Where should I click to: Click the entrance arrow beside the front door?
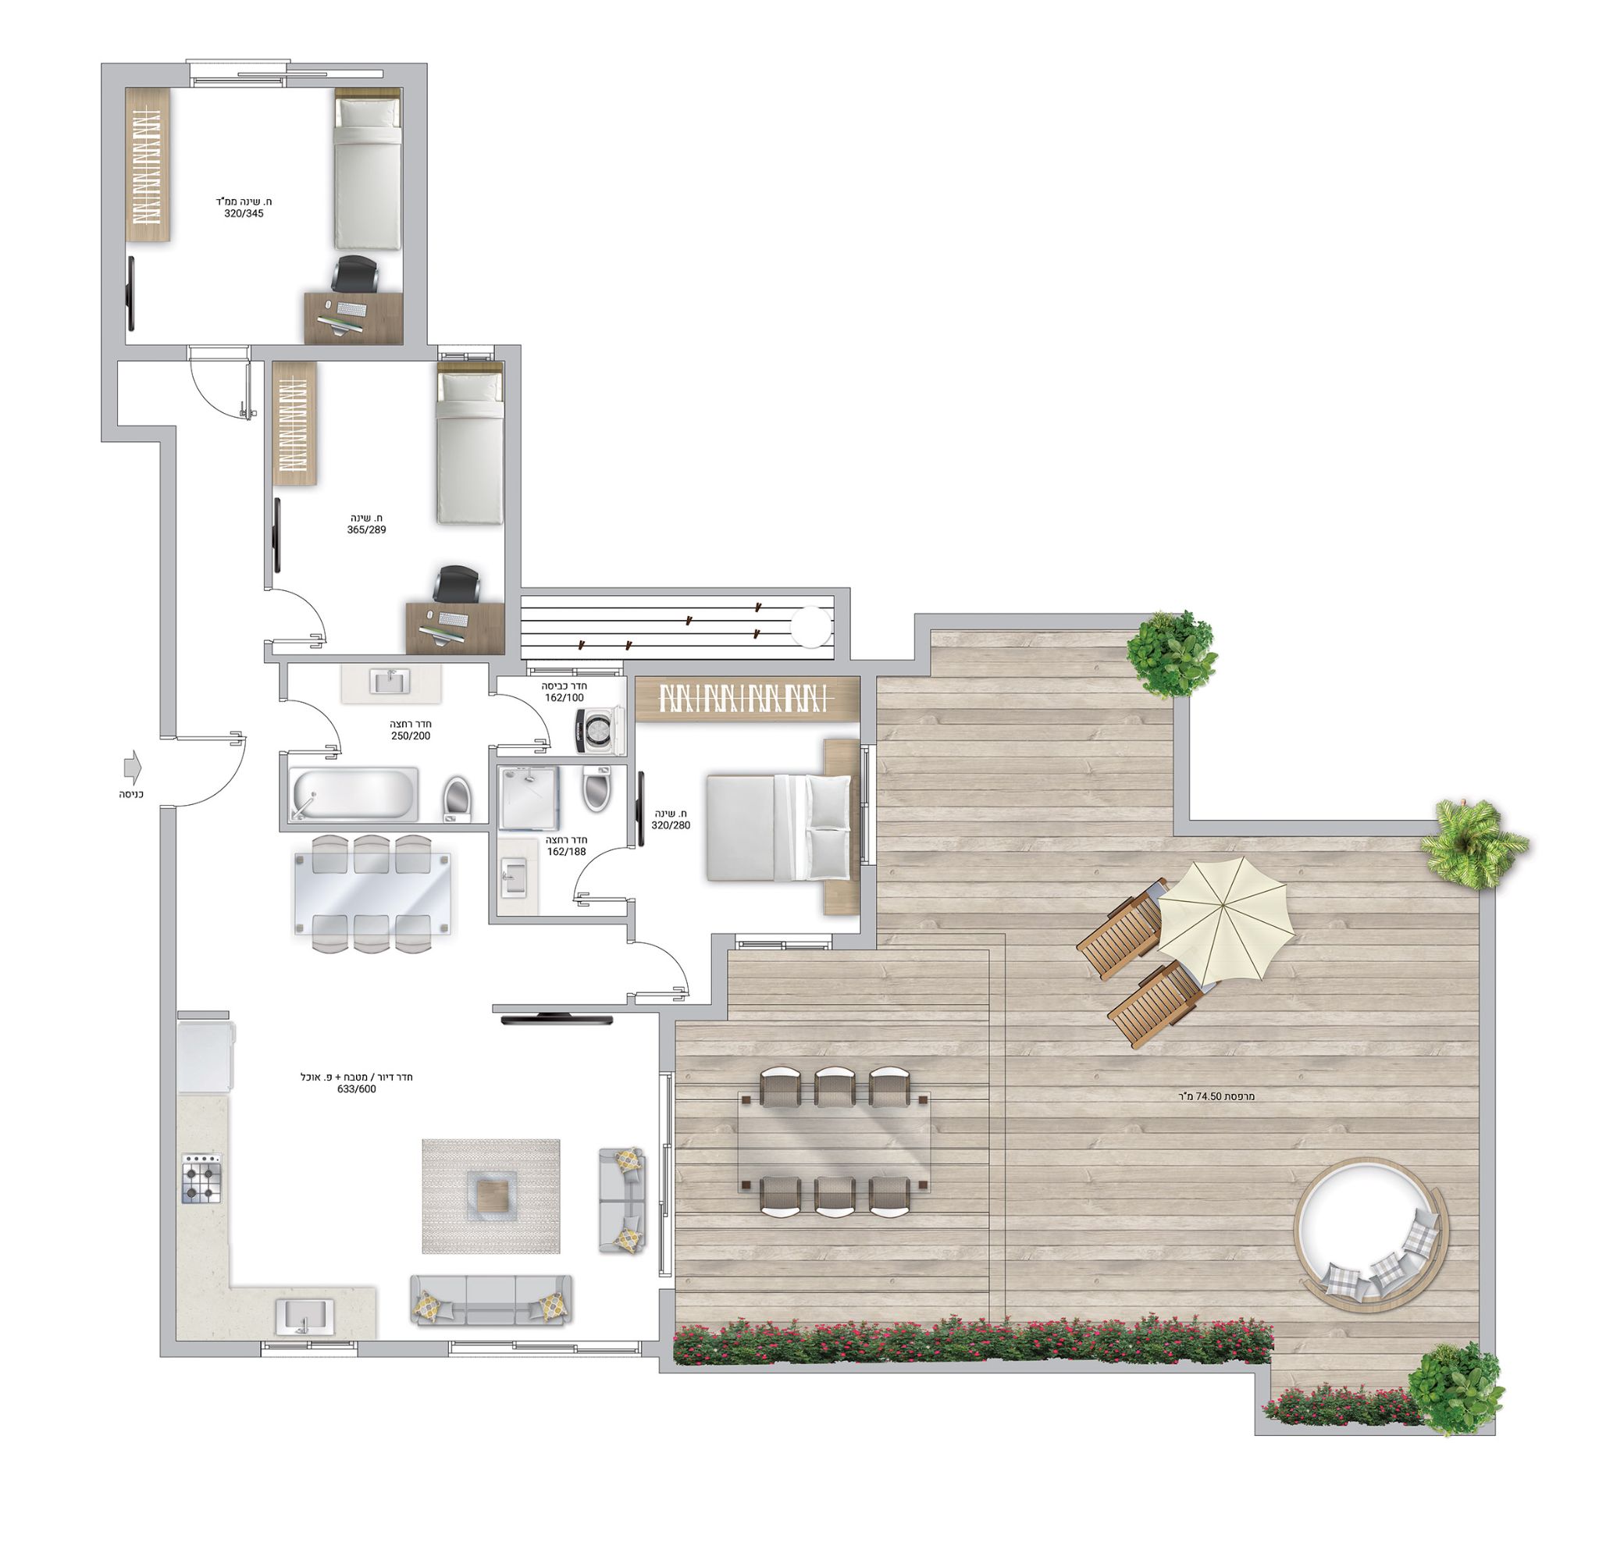tap(131, 768)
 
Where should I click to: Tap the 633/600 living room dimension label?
tap(357, 1089)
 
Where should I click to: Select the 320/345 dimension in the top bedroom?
tap(244, 214)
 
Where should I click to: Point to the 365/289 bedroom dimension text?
tap(366, 529)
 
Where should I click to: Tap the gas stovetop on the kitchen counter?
tap(201, 1177)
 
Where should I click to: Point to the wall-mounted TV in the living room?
tap(557, 1018)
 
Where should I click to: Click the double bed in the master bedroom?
tap(779, 828)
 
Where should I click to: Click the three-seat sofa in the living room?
tap(490, 1300)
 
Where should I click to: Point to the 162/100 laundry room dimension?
tap(564, 698)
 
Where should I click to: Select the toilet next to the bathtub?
tap(458, 800)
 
